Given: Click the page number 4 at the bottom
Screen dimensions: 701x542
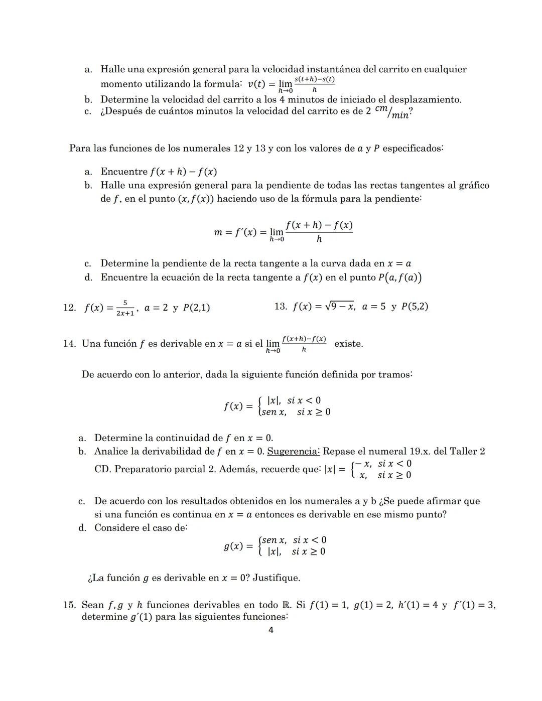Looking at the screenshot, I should [271, 630].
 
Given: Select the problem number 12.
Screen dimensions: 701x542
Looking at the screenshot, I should [69, 308].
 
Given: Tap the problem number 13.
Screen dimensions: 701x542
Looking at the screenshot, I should [281, 306].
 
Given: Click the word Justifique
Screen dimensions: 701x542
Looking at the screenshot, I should [276, 578].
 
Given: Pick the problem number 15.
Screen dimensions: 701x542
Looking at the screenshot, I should [69, 605].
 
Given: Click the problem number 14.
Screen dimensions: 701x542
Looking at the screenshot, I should [69, 344].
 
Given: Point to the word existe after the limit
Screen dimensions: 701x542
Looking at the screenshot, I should [348, 344].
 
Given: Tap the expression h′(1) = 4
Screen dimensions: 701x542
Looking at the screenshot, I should [418, 605].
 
